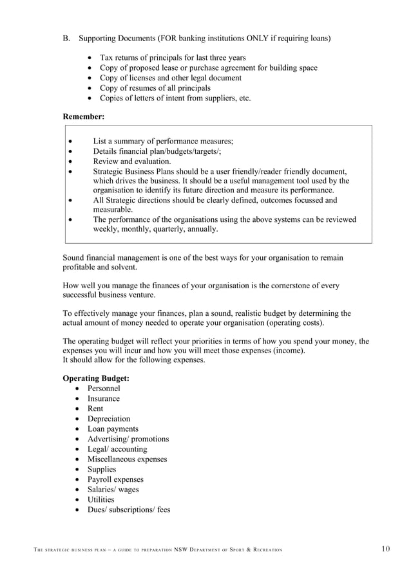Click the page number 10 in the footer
(x=385, y=549)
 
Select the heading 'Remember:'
(x=83, y=116)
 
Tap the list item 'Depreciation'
(x=108, y=419)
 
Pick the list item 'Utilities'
(x=100, y=500)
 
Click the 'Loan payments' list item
(x=113, y=429)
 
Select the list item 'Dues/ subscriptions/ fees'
(x=129, y=510)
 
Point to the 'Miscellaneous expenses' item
(x=127, y=459)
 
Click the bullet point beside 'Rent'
(x=78, y=409)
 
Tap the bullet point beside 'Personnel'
(x=78, y=389)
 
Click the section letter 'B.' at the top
(x=66, y=39)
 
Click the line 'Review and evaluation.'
(x=132, y=161)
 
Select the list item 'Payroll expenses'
(x=115, y=479)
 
